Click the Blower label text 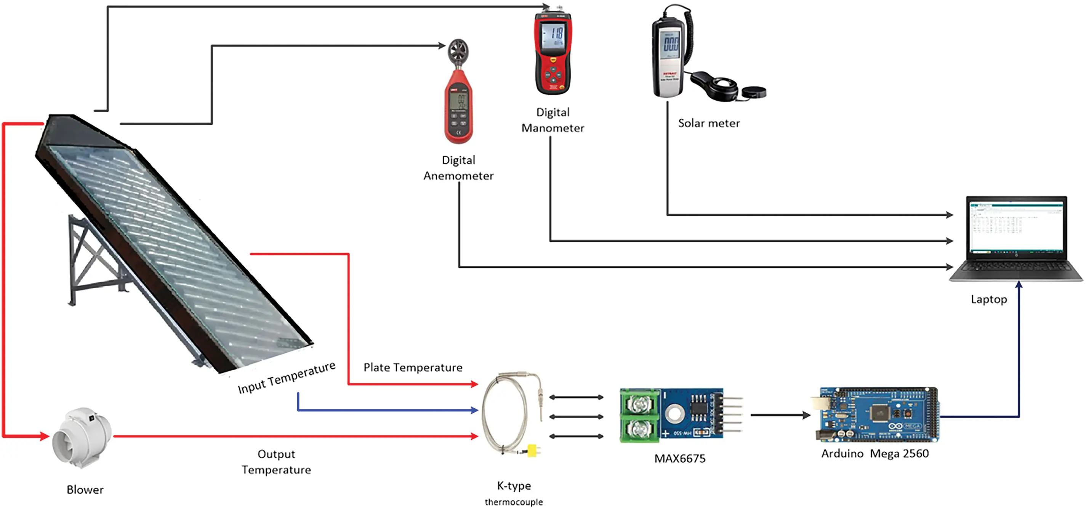[x=85, y=490]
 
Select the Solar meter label [x=709, y=123]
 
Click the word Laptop [x=988, y=299]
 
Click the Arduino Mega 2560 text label [x=875, y=454]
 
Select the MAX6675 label [x=679, y=459]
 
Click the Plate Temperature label [x=413, y=368]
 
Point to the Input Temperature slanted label [x=286, y=378]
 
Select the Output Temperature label [x=276, y=462]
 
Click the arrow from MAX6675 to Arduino [x=780, y=415]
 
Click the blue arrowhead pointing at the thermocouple [x=474, y=410]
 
